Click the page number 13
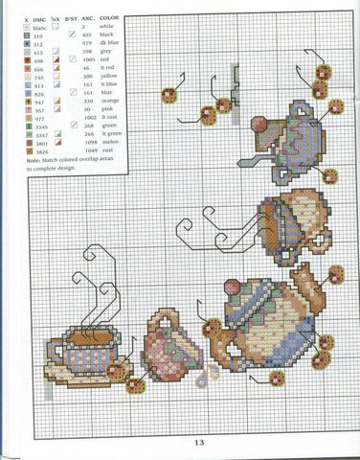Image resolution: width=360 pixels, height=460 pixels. [x=198, y=442]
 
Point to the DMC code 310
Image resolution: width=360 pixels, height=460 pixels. [x=37, y=35]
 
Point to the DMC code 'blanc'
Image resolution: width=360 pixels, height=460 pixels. [x=38, y=27]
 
